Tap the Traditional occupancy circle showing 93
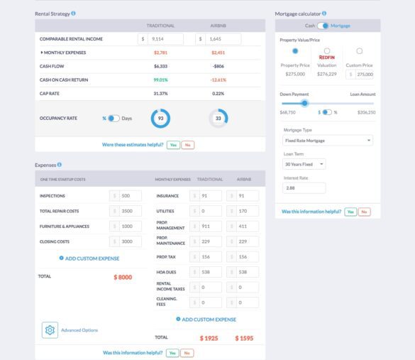click(160, 118)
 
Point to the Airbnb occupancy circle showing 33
click(218, 118)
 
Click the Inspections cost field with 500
click(130, 196)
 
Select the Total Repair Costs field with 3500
click(130, 211)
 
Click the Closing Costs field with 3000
click(130, 241)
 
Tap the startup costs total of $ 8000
click(123, 277)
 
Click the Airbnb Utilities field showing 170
click(248, 211)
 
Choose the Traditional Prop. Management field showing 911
click(210, 227)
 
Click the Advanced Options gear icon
click(50, 330)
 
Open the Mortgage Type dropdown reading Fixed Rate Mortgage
click(328, 141)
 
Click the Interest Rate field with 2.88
click(304, 188)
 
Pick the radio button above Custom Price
click(360, 51)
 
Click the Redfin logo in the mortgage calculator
click(327, 58)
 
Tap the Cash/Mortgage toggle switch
click(323, 26)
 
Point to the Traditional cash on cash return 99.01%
click(160, 80)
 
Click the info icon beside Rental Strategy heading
click(74, 13)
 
